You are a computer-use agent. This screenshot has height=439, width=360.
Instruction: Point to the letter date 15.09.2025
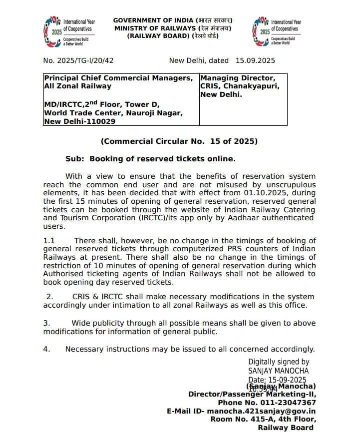pos(255,60)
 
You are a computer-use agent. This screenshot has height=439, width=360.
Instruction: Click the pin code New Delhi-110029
pos(79,121)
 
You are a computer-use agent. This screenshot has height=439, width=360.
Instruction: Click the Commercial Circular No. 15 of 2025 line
pos(179,141)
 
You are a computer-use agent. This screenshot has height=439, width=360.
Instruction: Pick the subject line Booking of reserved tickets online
pos(162,159)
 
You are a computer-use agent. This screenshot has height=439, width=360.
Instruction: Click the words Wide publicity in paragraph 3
pos(97,323)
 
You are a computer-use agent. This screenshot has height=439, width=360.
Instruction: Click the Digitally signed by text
pos(278,362)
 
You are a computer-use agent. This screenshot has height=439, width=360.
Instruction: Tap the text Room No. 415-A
pos(241,419)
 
